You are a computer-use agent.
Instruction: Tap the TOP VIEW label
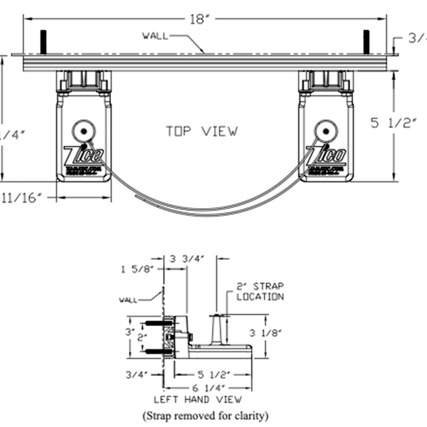click(202, 131)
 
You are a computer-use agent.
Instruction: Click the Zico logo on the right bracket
click(327, 156)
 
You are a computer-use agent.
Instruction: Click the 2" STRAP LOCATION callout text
click(260, 292)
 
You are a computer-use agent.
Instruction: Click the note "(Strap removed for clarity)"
click(206, 414)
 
